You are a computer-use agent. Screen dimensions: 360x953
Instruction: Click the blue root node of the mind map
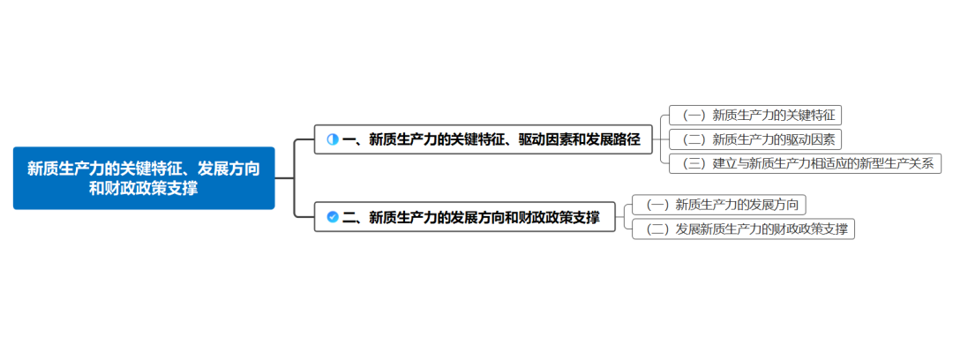(x=144, y=177)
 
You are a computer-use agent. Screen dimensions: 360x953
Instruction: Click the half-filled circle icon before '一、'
(x=333, y=139)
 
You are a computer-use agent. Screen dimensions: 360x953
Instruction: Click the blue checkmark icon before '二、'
(x=333, y=217)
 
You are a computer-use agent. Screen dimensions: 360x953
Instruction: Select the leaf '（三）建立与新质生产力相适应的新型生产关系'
(x=806, y=163)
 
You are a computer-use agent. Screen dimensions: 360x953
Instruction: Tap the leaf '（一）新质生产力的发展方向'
(x=720, y=205)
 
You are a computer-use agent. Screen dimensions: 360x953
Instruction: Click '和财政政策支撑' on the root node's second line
(x=144, y=188)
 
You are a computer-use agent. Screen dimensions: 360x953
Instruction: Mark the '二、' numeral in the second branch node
(x=354, y=217)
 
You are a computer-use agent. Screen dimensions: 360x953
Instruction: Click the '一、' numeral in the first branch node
(x=354, y=139)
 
